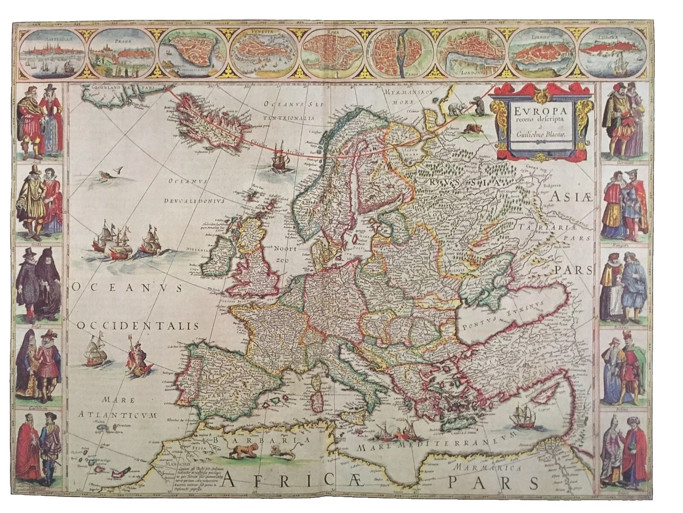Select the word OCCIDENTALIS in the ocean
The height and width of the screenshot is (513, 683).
[138, 326]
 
